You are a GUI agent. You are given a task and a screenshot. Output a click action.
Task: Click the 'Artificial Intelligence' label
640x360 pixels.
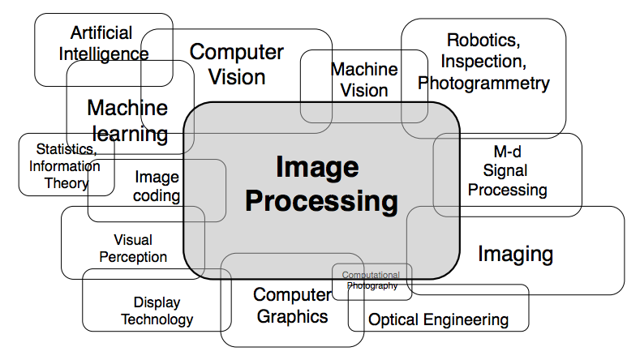(x=109, y=44)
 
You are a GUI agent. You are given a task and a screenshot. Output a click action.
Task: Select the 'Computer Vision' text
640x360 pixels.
(x=236, y=64)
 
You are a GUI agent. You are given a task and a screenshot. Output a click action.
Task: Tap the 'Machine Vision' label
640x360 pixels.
(x=363, y=79)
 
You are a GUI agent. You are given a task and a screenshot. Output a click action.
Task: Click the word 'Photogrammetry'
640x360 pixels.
(x=483, y=83)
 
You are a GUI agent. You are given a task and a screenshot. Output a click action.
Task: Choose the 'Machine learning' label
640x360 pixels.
(x=127, y=120)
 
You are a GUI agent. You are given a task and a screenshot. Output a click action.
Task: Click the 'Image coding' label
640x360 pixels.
(x=157, y=186)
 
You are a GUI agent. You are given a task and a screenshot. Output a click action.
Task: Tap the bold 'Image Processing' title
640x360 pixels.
(x=321, y=184)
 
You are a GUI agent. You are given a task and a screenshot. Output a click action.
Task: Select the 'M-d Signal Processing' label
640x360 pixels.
(x=505, y=171)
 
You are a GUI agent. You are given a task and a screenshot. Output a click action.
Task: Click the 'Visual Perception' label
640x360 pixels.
(x=133, y=248)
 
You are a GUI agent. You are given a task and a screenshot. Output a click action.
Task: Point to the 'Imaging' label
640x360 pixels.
(x=515, y=255)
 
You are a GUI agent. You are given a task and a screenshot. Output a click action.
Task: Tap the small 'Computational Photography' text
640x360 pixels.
(x=372, y=281)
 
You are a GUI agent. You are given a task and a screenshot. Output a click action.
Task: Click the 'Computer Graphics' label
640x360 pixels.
(x=292, y=305)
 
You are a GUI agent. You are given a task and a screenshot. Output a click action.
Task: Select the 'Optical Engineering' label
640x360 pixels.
(x=438, y=319)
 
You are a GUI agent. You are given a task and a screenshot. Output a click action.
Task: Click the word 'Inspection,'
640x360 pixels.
(x=483, y=61)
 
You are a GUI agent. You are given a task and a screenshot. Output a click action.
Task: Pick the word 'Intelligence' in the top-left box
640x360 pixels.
(x=109, y=54)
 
